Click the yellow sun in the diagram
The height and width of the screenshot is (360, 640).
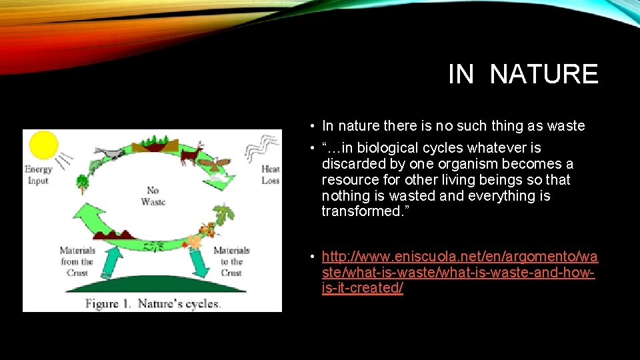pos(43,146)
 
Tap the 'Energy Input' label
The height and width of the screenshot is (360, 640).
pos(38,175)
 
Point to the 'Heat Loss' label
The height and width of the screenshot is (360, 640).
pos(270,175)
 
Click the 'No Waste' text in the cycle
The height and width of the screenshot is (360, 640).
pos(153,196)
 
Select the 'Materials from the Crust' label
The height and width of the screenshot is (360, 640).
pos(77,261)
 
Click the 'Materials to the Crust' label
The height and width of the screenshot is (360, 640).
pos(231,261)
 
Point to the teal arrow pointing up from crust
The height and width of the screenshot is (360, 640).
pos(114,257)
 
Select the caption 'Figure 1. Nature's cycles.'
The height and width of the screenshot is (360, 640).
pos(152,303)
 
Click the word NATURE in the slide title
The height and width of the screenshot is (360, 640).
pos(543,74)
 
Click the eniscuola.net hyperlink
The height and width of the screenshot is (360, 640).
pos(459,273)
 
